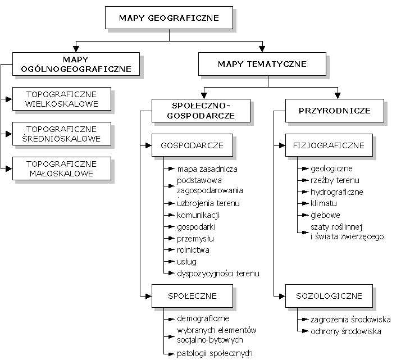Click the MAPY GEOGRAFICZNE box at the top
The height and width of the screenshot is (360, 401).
click(x=168, y=17)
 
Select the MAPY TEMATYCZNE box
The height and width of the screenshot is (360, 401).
click(x=262, y=65)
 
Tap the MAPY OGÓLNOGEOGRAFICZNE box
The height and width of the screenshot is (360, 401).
click(x=76, y=64)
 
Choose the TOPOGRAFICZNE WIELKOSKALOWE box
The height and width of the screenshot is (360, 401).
click(x=62, y=99)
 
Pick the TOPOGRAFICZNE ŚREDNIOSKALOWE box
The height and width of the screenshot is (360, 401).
click(x=62, y=134)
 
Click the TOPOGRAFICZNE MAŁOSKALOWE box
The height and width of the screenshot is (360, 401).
click(x=62, y=168)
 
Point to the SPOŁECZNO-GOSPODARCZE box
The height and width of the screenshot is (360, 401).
click(x=193, y=111)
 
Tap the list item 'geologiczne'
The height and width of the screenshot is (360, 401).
click(x=332, y=168)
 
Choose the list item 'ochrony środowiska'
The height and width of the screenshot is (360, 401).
click(x=346, y=331)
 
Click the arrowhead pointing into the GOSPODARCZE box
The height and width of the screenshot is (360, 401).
click(x=148, y=146)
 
